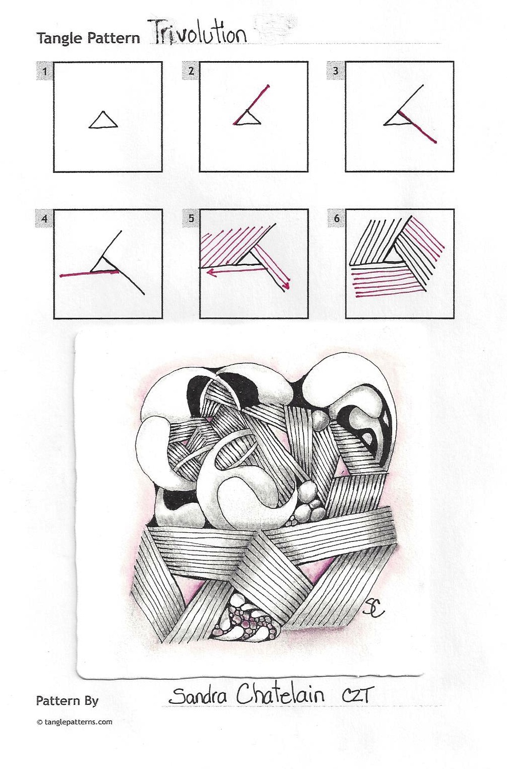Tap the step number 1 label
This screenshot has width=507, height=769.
[x=45, y=71]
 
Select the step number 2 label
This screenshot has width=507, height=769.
[x=191, y=71]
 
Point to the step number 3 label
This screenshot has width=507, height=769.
[x=336, y=71]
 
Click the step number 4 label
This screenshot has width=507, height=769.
[x=45, y=219]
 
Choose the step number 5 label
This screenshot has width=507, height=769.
[x=191, y=219]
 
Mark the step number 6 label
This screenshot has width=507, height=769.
[x=336, y=219]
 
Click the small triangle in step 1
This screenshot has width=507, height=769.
[x=103, y=121]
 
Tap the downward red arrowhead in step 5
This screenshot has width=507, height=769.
[x=286, y=286]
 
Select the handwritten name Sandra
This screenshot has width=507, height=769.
[x=198, y=695]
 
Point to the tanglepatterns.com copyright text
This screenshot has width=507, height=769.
[x=74, y=722]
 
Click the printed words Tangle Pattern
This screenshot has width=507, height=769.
[x=88, y=38]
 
